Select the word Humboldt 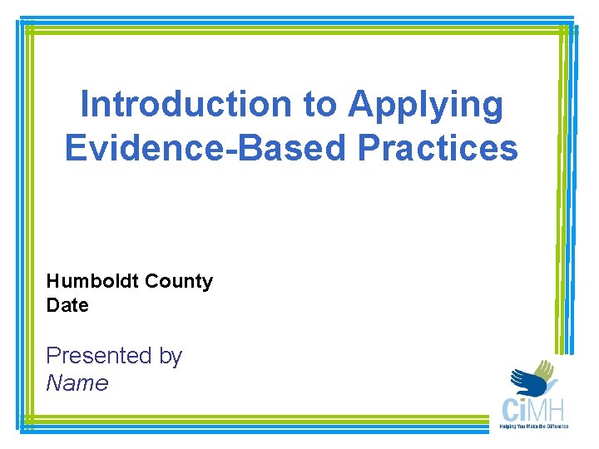pyautogui.click(x=92, y=281)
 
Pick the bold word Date pyautogui.click(x=67, y=305)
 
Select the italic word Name pyautogui.click(x=77, y=382)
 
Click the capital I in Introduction pyautogui.click(x=85, y=105)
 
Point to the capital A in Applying pyautogui.click(x=360, y=105)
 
